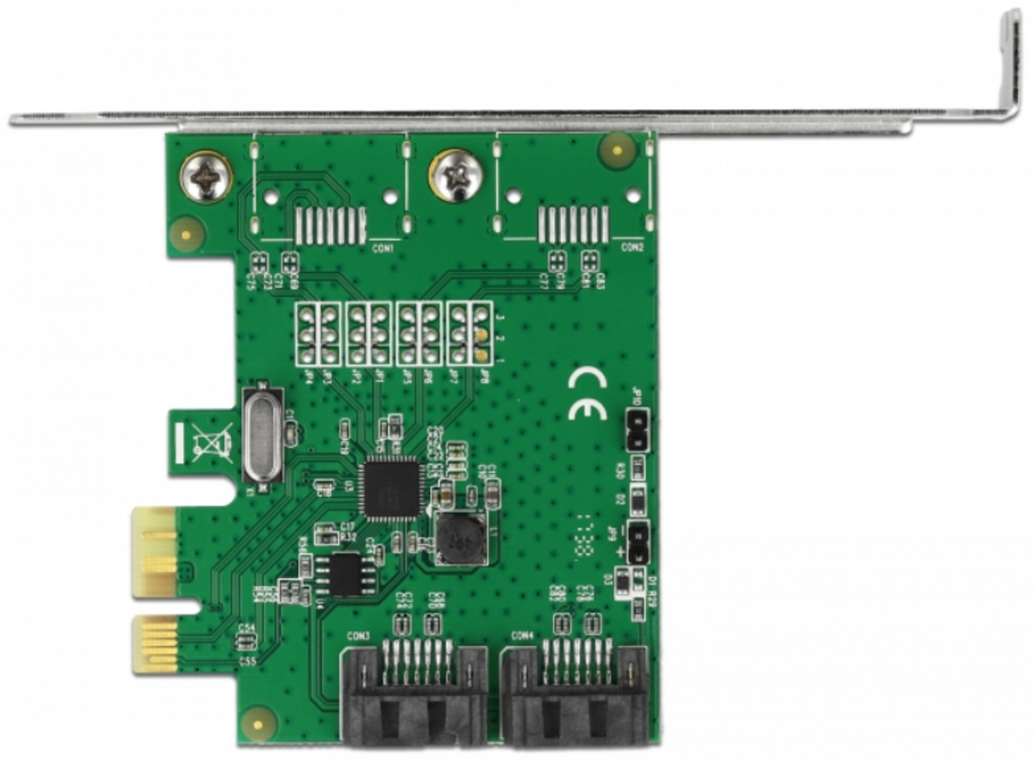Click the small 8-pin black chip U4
346,574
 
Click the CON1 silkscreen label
383,249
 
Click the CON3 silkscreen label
358,637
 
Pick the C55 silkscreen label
248,661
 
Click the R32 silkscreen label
349,537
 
